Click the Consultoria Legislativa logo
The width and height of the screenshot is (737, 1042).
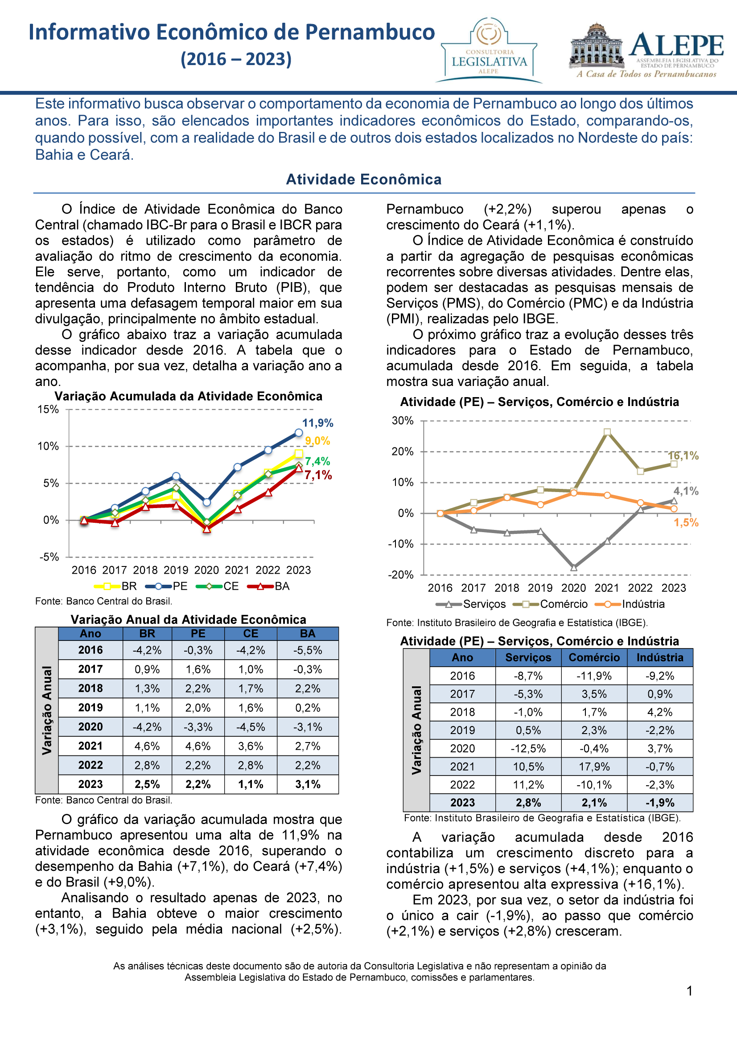coord(489,50)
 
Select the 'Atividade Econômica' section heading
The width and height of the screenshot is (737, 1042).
coord(364,179)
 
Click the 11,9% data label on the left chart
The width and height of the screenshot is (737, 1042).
coord(318,423)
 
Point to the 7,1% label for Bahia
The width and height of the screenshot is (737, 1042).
coord(318,475)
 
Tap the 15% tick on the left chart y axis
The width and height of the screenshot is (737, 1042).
coord(48,409)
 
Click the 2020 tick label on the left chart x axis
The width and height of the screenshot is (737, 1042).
coord(206,570)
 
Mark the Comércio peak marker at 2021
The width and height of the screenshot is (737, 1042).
coord(607,432)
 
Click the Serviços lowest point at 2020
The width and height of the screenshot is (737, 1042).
coord(573,567)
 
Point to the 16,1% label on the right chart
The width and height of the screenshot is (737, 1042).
coord(683,455)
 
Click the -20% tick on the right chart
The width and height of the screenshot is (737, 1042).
coord(401,574)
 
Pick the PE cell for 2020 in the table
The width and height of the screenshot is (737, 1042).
coord(198,726)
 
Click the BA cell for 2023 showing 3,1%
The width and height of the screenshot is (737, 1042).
coord(308,784)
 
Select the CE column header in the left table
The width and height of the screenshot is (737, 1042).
coord(251,634)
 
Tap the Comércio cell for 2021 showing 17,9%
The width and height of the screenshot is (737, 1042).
coord(594,767)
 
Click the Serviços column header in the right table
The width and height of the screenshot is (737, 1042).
coord(528,657)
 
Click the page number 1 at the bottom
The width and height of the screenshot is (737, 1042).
coord(689,991)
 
